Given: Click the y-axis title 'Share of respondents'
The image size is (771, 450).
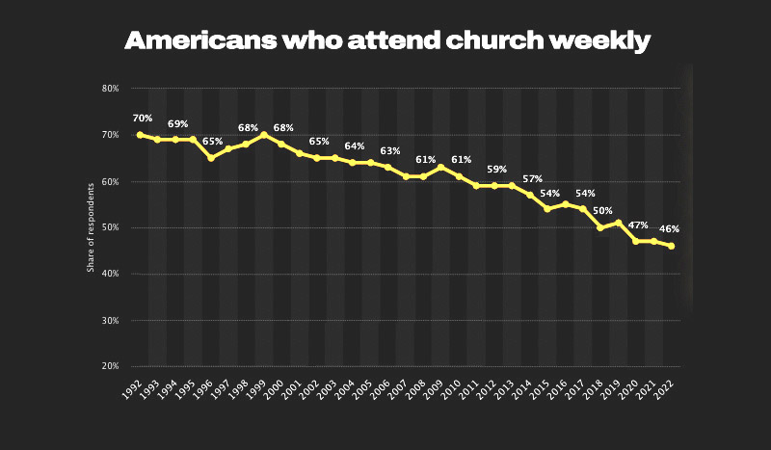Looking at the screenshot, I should [91, 227].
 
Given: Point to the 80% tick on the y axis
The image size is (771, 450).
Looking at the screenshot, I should [110, 89].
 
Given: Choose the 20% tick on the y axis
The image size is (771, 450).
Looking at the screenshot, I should [110, 366].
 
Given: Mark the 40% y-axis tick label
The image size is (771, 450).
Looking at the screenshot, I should [110, 274].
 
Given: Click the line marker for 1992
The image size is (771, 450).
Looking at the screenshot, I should [140, 135].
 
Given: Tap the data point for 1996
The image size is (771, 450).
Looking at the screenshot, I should [210, 158].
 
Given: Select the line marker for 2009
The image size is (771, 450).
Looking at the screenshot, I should [440, 168].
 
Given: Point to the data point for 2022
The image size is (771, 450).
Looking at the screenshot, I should [671, 246].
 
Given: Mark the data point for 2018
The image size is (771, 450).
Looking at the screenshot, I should [599, 227].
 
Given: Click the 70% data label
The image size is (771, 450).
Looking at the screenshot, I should [143, 119].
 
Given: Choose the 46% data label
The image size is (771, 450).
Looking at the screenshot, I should [670, 229].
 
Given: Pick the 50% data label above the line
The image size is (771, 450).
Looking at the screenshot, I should [602, 210].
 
